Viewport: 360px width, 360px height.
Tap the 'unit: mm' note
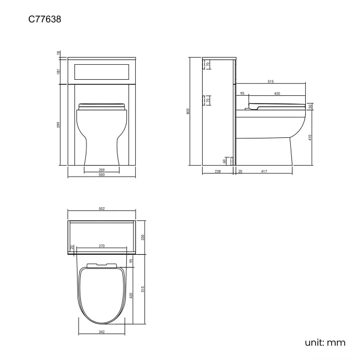pos(325,342)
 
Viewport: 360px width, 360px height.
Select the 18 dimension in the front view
pos(58,53)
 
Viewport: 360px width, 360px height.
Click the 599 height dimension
pos(58,125)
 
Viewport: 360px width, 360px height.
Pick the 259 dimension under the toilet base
pos(101,169)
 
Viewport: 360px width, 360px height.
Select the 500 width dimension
pos(101,176)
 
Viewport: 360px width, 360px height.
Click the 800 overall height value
pos(189,111)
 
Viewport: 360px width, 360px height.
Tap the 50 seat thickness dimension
pos(310,106)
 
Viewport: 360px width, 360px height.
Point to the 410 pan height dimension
pos(310,137)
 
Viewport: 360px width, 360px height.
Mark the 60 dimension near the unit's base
pos(224,161)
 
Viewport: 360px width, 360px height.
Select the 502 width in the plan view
pos(101,209)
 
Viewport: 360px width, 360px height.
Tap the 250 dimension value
pos(142,237)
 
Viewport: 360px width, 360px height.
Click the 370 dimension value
pos(101,245)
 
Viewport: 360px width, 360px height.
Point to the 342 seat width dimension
pos(101,332)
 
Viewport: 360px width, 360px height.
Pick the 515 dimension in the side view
pos(270,81)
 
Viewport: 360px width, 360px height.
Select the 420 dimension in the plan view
pos(132,295)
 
